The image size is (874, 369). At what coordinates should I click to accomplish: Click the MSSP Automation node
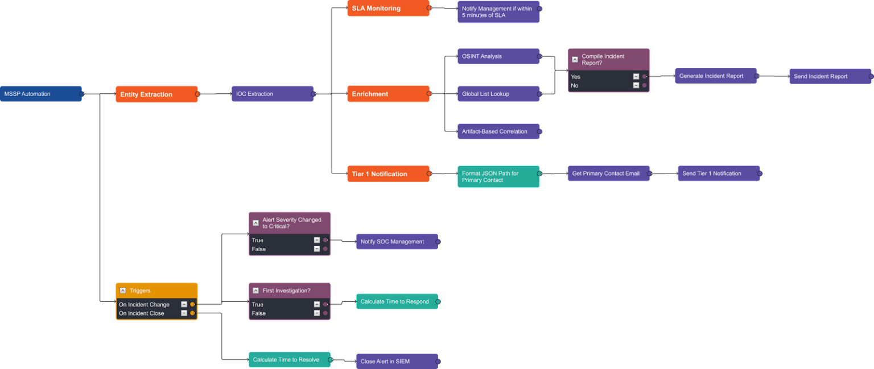tap(41, 94)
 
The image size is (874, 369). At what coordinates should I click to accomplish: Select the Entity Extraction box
tap(156, 94)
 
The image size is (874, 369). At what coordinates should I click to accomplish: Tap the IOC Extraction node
tap(272, 94)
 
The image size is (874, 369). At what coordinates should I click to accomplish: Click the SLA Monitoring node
tap(388, 9)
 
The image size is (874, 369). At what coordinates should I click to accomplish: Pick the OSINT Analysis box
tap(498, 56)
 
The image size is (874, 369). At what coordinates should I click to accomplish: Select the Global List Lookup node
tap(498, 94)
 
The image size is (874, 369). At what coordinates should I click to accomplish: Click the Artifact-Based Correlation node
tap(498, 131)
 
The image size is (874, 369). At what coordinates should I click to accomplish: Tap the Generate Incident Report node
tap(715, 76)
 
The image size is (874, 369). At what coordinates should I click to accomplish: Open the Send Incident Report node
tap(830, 76)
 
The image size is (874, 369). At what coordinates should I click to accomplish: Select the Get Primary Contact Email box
tap(608, 173)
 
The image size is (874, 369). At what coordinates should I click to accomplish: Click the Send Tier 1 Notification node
tap(719, 173)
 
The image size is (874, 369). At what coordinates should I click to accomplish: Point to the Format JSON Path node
tap(498, 177)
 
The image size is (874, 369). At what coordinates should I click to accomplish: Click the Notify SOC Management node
tap(397, 242)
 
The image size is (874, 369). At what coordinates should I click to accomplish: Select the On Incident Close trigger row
tap(148, 313)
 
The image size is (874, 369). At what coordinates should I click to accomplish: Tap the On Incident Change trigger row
tap(148, 305)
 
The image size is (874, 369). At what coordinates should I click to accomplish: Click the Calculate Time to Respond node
tap(397, 301)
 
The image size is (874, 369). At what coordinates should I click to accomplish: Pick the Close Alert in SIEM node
tap(397, 361)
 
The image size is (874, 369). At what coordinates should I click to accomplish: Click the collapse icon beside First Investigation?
tap(255, 291)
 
